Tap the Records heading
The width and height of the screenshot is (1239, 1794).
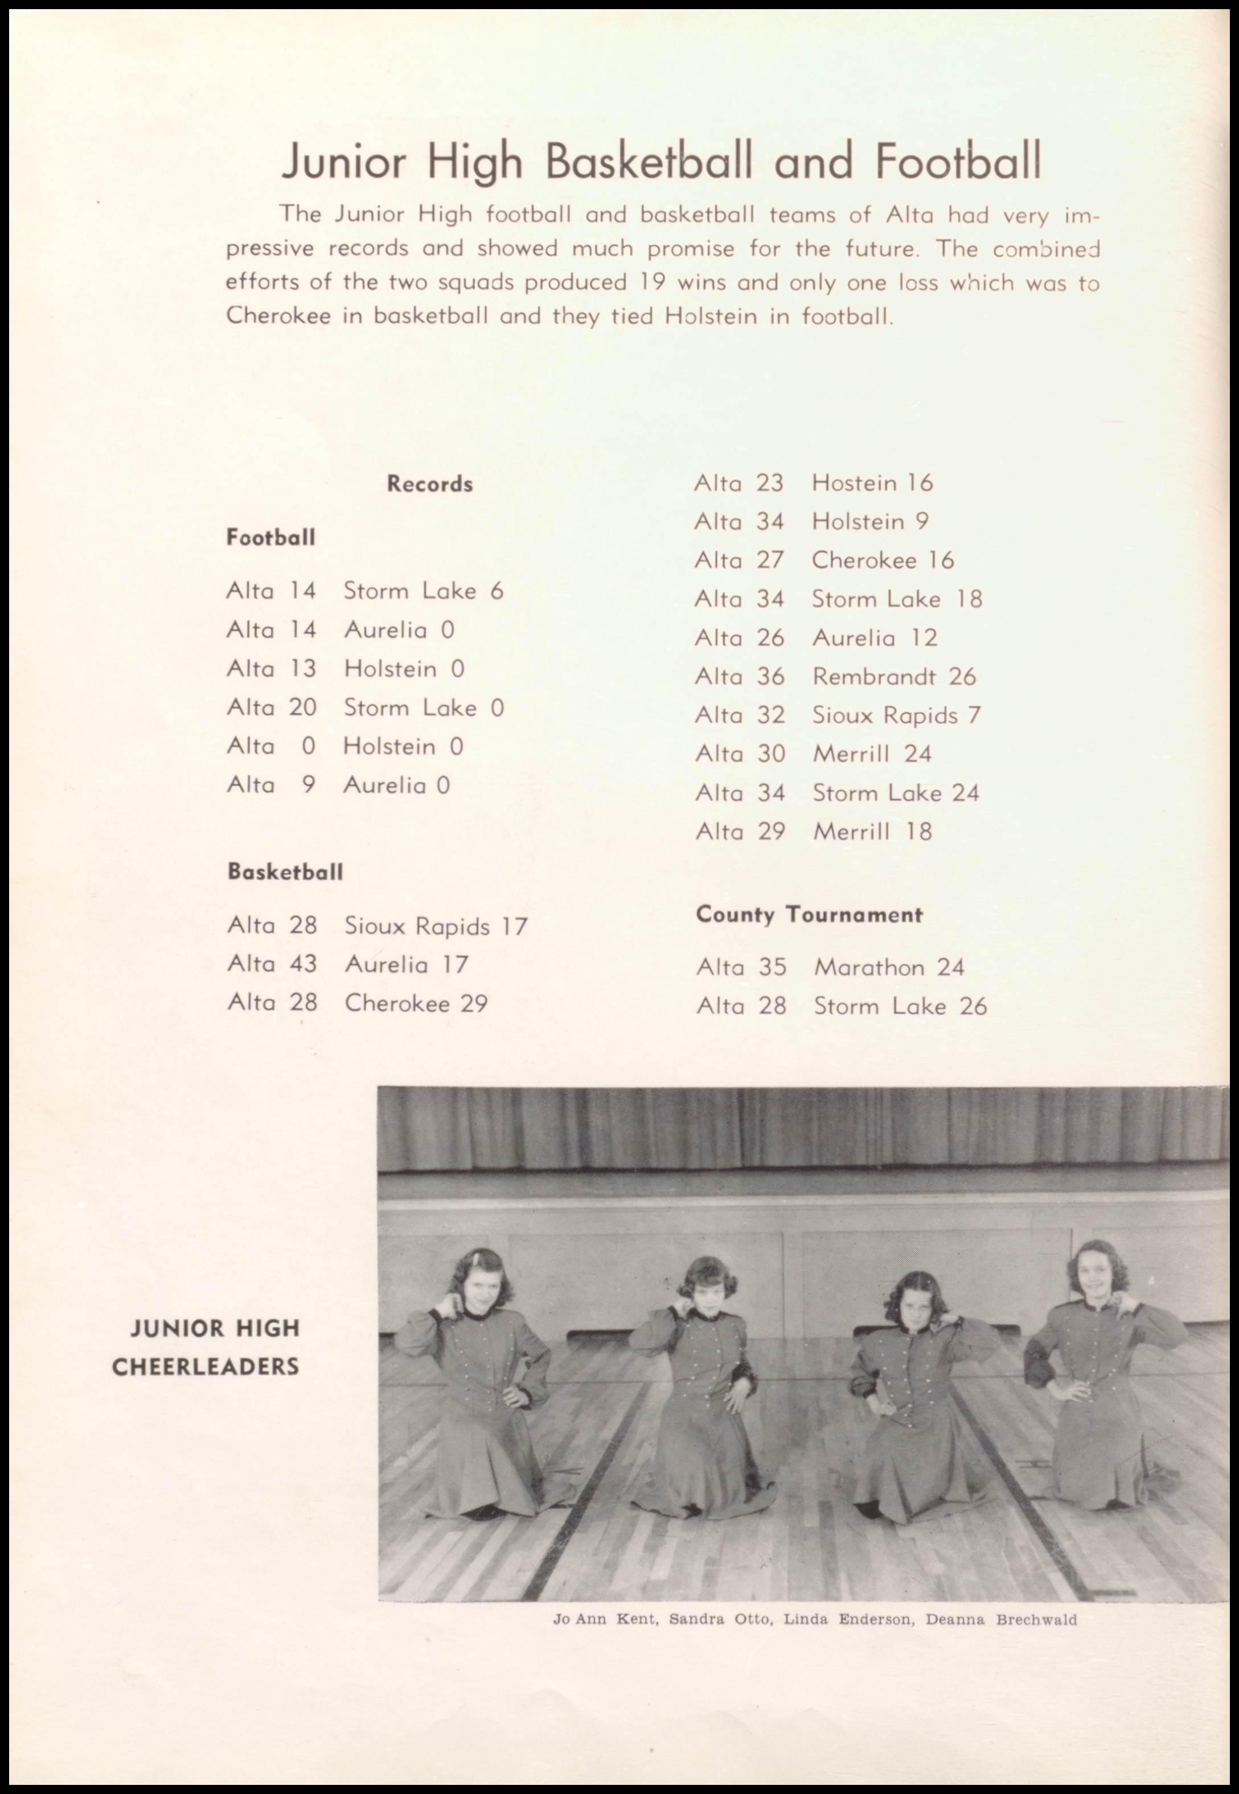429,484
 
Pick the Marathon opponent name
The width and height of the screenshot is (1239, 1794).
869,967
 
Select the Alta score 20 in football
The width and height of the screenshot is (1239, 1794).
303,707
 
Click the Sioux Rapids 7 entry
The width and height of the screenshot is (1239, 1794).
896,715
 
